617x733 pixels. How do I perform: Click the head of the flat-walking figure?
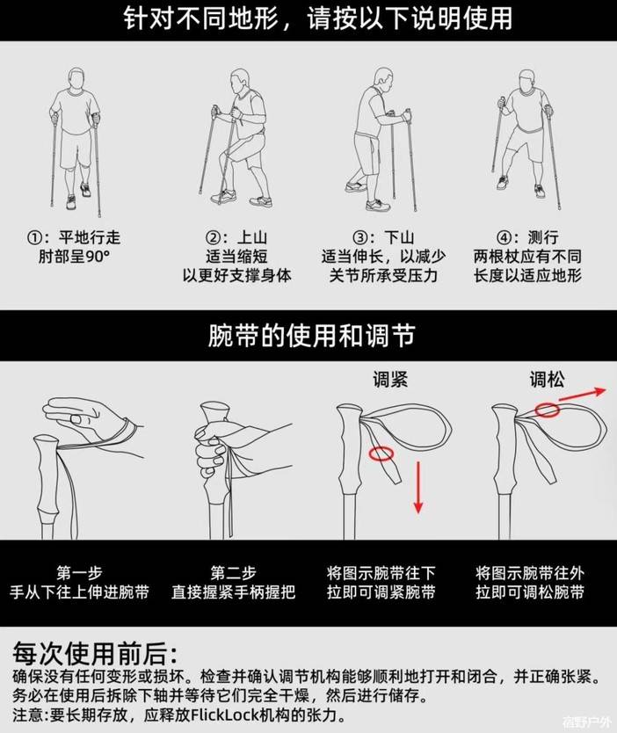(76, 80)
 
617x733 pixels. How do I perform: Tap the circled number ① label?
(35, 238)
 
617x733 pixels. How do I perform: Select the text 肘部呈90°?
(75, 256)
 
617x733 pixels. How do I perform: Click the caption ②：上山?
(237, 237)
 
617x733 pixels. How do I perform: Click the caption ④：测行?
(527, 237)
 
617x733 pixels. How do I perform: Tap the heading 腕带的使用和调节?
(311, 335)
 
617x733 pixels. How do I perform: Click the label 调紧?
(390, 379)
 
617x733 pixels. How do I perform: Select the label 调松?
(547, 379)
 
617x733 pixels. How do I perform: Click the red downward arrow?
(418, 487)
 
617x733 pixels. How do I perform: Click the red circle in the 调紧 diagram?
(381, 454)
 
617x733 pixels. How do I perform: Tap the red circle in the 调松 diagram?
(548, 410)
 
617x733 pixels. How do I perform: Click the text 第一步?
(79, 573)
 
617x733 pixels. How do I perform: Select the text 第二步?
(233, 573)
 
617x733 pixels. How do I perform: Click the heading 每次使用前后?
(94, 653)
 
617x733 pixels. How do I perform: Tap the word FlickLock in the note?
(219, 715)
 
